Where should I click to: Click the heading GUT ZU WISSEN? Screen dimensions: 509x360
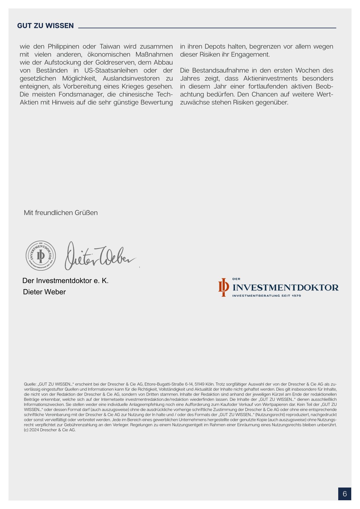(45, 26)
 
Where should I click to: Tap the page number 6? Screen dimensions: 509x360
(345, 494)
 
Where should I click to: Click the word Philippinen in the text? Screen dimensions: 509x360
(64, 47)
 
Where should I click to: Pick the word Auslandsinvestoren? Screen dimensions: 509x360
(131, 78)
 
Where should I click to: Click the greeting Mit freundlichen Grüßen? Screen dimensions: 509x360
(61, 213)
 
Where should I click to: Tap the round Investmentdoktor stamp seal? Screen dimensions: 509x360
(41, 256)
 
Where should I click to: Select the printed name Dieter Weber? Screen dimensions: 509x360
(44, 292)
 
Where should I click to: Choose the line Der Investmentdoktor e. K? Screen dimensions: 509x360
(65, 281)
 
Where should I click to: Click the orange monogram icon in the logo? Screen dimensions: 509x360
(224, 287)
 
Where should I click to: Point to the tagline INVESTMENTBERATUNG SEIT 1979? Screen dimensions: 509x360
(267, 296)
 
